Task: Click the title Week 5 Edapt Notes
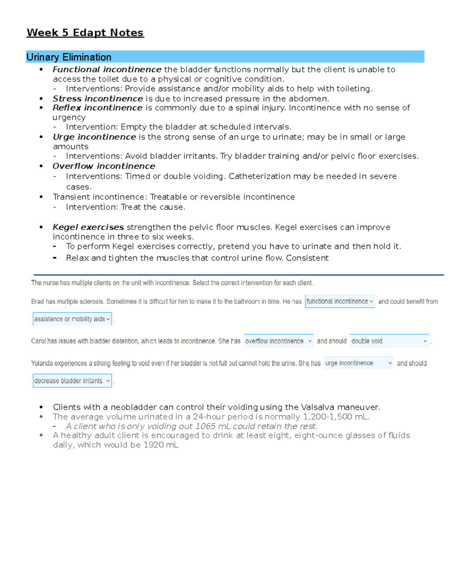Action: [85, 33]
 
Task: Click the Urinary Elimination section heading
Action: [69, 57]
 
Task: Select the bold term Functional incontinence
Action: [107, 70]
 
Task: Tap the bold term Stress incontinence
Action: [98, 99]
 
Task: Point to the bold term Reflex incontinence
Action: [97, 108]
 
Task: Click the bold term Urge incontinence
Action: [94, 137]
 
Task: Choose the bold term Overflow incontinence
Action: [104, 166]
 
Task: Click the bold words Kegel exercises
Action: [88, 227]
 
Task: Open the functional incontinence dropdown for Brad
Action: [340, 301]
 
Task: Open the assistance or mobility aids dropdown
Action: [72, 319]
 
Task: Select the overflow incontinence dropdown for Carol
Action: [278, 341]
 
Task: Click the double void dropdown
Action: [389, 341]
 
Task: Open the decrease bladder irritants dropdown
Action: [72, 381]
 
